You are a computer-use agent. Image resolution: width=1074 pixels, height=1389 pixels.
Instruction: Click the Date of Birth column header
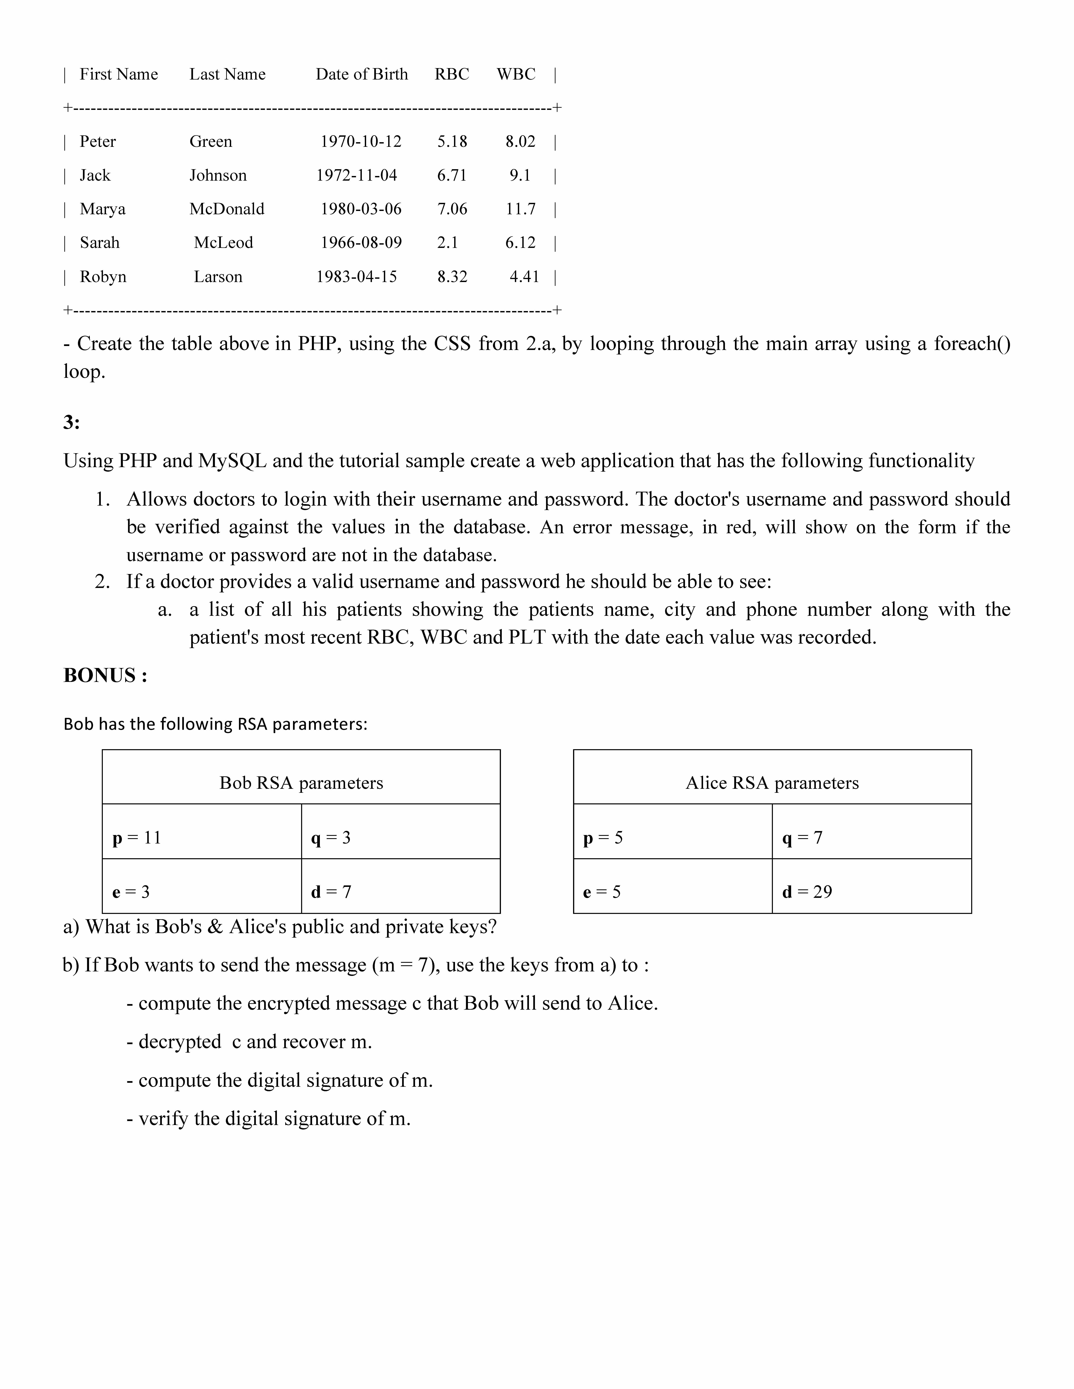pos(361,74)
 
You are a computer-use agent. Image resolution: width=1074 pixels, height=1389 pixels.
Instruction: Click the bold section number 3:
pos(71,422)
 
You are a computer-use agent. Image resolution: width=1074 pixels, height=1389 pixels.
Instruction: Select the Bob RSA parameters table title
pos(301,783)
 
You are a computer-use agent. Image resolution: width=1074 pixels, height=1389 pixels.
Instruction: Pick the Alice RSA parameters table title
pos(772,783)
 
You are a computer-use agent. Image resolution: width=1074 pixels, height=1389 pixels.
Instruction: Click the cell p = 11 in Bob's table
pos(137,838)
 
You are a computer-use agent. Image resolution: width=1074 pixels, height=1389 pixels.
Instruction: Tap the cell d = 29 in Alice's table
pos(807,892)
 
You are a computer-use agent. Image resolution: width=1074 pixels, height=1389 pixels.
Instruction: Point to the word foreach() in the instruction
pos(972,343)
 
